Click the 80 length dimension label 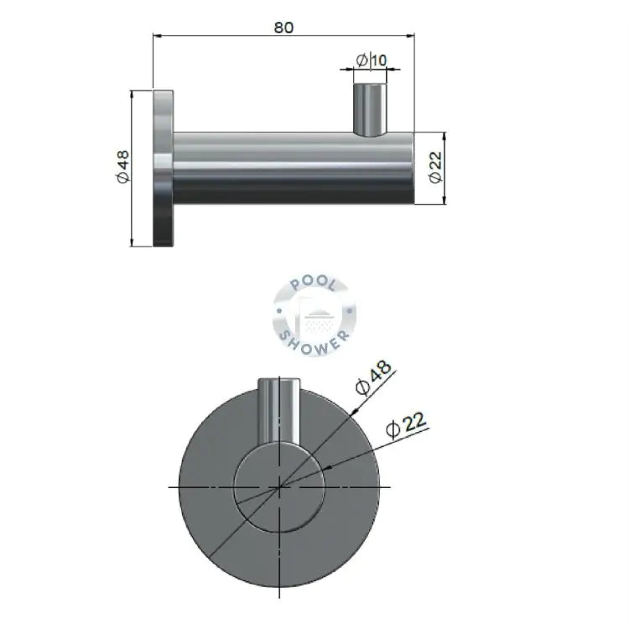coord(283,28)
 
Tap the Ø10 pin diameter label coord(372,60)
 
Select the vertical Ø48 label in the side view coord(123,167)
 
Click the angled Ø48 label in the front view coord(373,378)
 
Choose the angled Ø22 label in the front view coord(406,425)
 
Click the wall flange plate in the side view coord(164,169)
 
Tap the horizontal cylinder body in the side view coord(294,168)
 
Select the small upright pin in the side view coord(370,109)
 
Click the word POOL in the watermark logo coord(314,283)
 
